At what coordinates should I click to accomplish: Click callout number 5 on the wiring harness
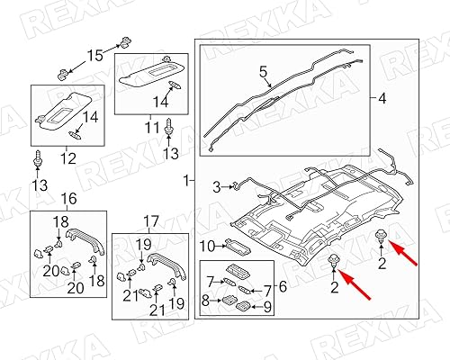tap(263, 70)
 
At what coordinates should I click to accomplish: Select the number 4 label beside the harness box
tap(382, 96)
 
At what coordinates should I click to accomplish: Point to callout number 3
tap(216, 186)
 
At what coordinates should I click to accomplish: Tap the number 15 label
tap(94, 56)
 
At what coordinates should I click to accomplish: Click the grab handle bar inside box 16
tap(78, 240)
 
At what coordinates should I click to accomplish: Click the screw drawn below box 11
tap(168, 131)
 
